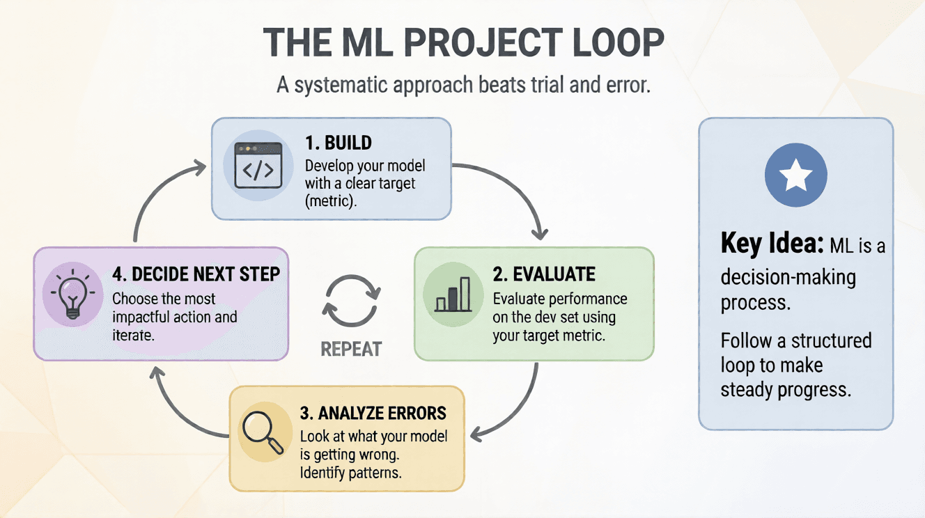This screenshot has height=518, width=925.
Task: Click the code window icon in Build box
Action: (x=258, y=166)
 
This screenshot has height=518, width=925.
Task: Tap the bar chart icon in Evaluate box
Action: (x=452, y=294)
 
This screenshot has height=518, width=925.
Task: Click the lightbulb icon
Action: (x=72, y=294)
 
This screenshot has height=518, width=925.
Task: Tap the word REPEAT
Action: (x=352, y=348)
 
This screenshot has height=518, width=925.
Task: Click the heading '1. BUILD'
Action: (x=339, y=143)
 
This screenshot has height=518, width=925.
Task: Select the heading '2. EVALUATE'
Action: (x=544, y=274)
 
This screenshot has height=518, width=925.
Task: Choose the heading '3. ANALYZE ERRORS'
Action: (x=373, y=413)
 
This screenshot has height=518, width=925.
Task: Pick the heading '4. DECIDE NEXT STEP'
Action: (x=196, y=274)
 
